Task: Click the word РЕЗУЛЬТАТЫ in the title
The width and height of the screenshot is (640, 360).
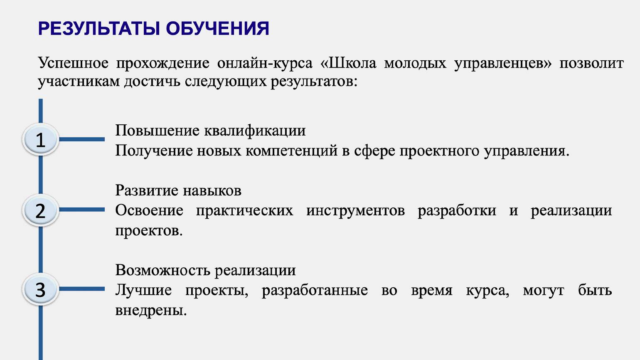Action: pos(99,29)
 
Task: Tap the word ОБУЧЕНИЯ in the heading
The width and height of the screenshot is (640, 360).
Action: pos(218,29)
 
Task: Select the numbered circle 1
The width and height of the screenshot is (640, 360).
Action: pos(41,139)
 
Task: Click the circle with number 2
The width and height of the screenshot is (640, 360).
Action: pos(41,210)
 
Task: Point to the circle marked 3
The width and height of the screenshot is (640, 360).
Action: pos(41,289)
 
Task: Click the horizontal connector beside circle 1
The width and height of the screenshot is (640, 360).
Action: pos(82,139)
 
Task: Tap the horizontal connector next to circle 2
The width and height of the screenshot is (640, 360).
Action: pos(82,210)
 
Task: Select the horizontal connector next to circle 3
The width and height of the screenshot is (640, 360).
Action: pos(82,289)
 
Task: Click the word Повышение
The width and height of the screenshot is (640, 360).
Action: pos(158,131)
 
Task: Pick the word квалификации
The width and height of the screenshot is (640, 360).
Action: pos(255,131)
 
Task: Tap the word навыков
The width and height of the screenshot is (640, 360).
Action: pos(212,191)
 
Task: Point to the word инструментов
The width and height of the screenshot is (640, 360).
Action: pos(356,211)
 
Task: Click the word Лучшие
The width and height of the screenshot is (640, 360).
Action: pos(143,290)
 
